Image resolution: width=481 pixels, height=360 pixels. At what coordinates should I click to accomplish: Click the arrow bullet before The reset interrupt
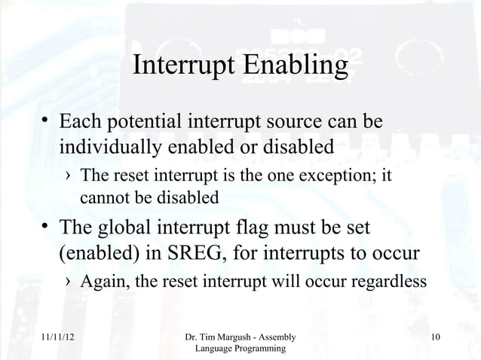click(69, 178)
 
